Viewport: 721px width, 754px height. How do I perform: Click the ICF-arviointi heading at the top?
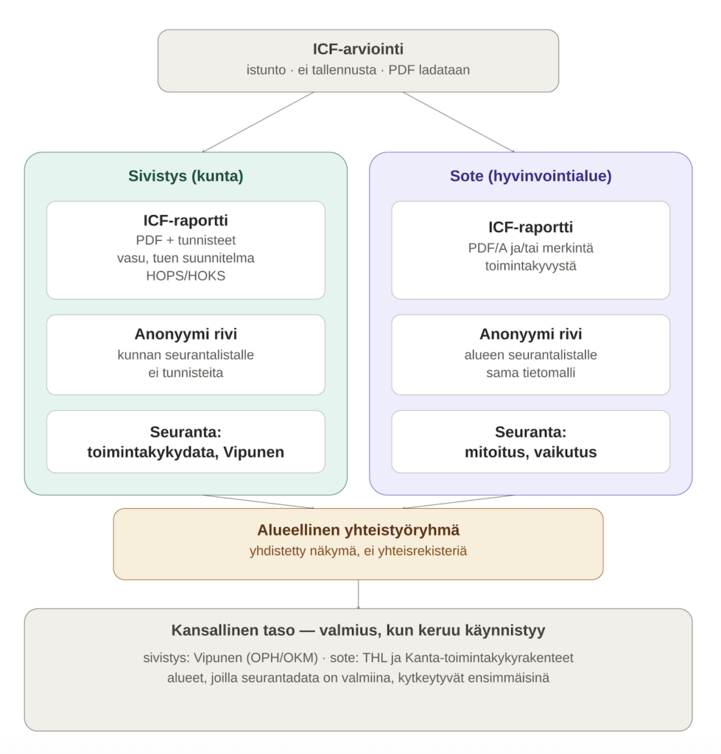click(x=358, y=49)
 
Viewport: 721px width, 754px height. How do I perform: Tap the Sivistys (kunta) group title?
click(x=186, y=176)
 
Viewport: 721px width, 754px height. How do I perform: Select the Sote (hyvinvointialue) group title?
click(x=530, y=176)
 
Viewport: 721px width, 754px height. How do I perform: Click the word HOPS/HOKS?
click(x=186, y=275)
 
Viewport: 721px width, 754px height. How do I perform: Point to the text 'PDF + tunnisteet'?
click(x=186, y=240)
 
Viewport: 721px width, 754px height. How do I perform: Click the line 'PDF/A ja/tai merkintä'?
click(x=530, y=248)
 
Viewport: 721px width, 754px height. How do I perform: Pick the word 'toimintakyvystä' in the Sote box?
click(x=530, y=266)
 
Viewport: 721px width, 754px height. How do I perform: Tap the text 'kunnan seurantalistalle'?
click(x=186, y=355)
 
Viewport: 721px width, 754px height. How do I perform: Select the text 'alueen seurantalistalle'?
click(x=530, y=355)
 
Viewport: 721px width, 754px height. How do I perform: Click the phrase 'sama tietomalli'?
click(x=530, y=373)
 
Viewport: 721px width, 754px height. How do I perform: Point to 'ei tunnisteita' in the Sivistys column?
click(x=186, y=373)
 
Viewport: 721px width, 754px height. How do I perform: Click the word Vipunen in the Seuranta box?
click(x=253, y=452)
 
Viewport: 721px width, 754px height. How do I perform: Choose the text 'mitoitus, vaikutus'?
click(x=530, y=452)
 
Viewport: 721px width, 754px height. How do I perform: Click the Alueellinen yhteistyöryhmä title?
click(x=359, y=530)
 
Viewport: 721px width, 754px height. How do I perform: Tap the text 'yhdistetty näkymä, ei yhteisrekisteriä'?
click(x=359, y=551)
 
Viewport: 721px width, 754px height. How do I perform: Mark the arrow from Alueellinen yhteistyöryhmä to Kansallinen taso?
click(x=359, y=594)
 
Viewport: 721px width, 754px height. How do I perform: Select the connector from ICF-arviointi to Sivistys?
click(x=258, y=122)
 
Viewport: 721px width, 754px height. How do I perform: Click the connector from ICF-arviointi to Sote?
click(x=458, y=122)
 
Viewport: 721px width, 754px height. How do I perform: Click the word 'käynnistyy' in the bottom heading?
click(x=510, y=630)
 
